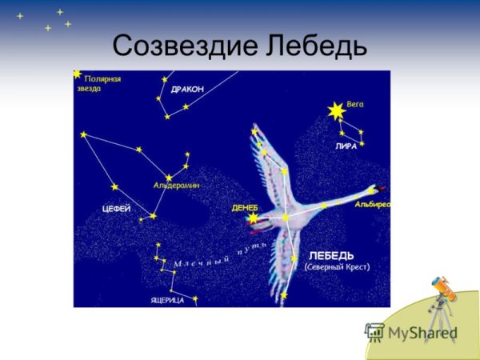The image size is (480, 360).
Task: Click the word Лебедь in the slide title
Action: tap(313, 46)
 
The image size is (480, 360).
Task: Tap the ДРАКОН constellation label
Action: tap(187, 89)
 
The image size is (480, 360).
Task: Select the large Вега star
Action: tap(336, 110)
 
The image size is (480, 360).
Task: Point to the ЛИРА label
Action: tap(346, 147)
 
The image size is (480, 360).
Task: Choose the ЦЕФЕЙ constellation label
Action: tap(116, 208)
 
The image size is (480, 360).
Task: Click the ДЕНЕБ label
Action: tap(244, 207)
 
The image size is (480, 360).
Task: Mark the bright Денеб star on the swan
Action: tap(254, 218)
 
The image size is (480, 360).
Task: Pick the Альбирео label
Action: tap(372, 205)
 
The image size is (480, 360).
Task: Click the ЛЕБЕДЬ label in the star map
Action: tap(331, 255)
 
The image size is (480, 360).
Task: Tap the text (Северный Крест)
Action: tap(337, 267)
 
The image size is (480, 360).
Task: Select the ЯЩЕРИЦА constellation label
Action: tap(167, 300)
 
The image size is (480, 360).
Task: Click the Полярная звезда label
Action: tap(102, 83)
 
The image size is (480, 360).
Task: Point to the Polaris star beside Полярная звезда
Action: tap(78, 74)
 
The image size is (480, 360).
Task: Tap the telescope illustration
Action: tap(442, 307)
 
